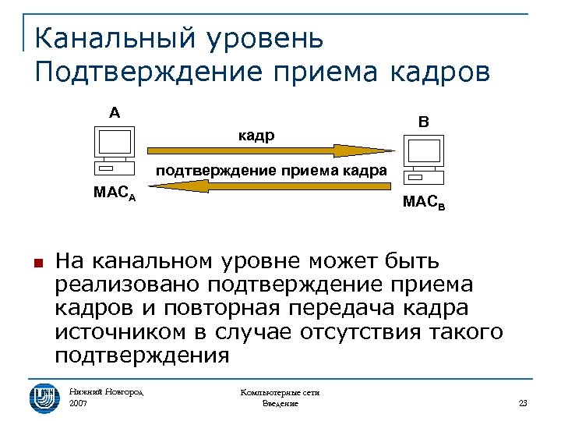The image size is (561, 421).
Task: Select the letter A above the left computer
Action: (x=115, y=113)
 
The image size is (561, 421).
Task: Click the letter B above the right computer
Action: (x=422, y=122)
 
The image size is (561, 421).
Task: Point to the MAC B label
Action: (x=425, y=203)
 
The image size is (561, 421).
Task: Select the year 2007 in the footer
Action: (x=79, y=404)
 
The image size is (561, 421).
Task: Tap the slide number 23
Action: (x=523, y=403)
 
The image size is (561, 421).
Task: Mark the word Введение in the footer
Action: (x=280, y=404)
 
